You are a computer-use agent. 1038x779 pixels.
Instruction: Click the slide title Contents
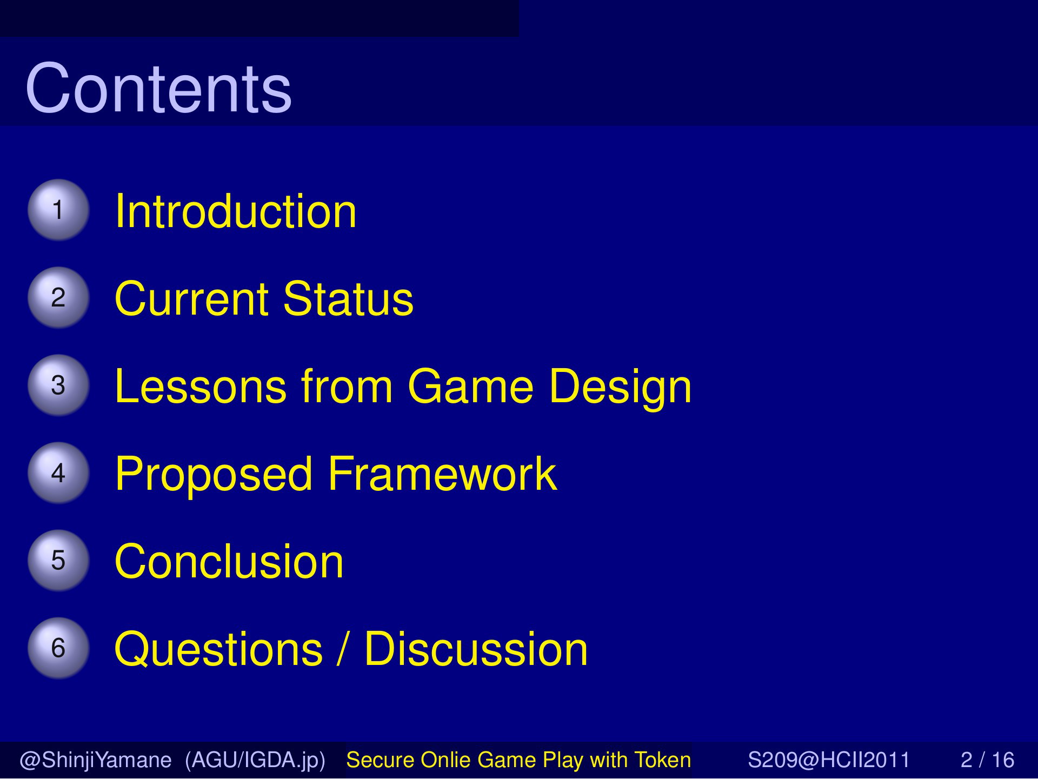pos(158,88)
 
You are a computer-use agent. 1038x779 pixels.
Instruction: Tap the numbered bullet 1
pos(58,210)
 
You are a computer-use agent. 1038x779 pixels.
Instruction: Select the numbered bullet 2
pos(58,297)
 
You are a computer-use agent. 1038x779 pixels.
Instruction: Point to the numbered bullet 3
pos(58,385)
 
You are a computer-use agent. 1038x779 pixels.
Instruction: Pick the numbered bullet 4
pos(58,472)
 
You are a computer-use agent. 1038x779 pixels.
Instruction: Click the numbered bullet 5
pos(58,560)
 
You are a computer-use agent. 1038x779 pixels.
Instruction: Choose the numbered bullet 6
pos(58,648)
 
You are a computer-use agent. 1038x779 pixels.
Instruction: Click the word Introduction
pos(236,211)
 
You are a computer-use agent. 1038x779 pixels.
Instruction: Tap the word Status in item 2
pos(348,298)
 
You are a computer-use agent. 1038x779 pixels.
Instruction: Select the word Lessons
pos(201,386)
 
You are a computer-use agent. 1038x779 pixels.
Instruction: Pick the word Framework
pos(442,474)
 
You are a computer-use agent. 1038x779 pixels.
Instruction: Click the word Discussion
pos(476,649)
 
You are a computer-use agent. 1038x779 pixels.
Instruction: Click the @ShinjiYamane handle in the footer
pos(96,760)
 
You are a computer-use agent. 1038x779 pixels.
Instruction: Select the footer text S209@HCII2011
pos(829,760)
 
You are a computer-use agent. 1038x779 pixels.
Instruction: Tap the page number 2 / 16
pos(987,760)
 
